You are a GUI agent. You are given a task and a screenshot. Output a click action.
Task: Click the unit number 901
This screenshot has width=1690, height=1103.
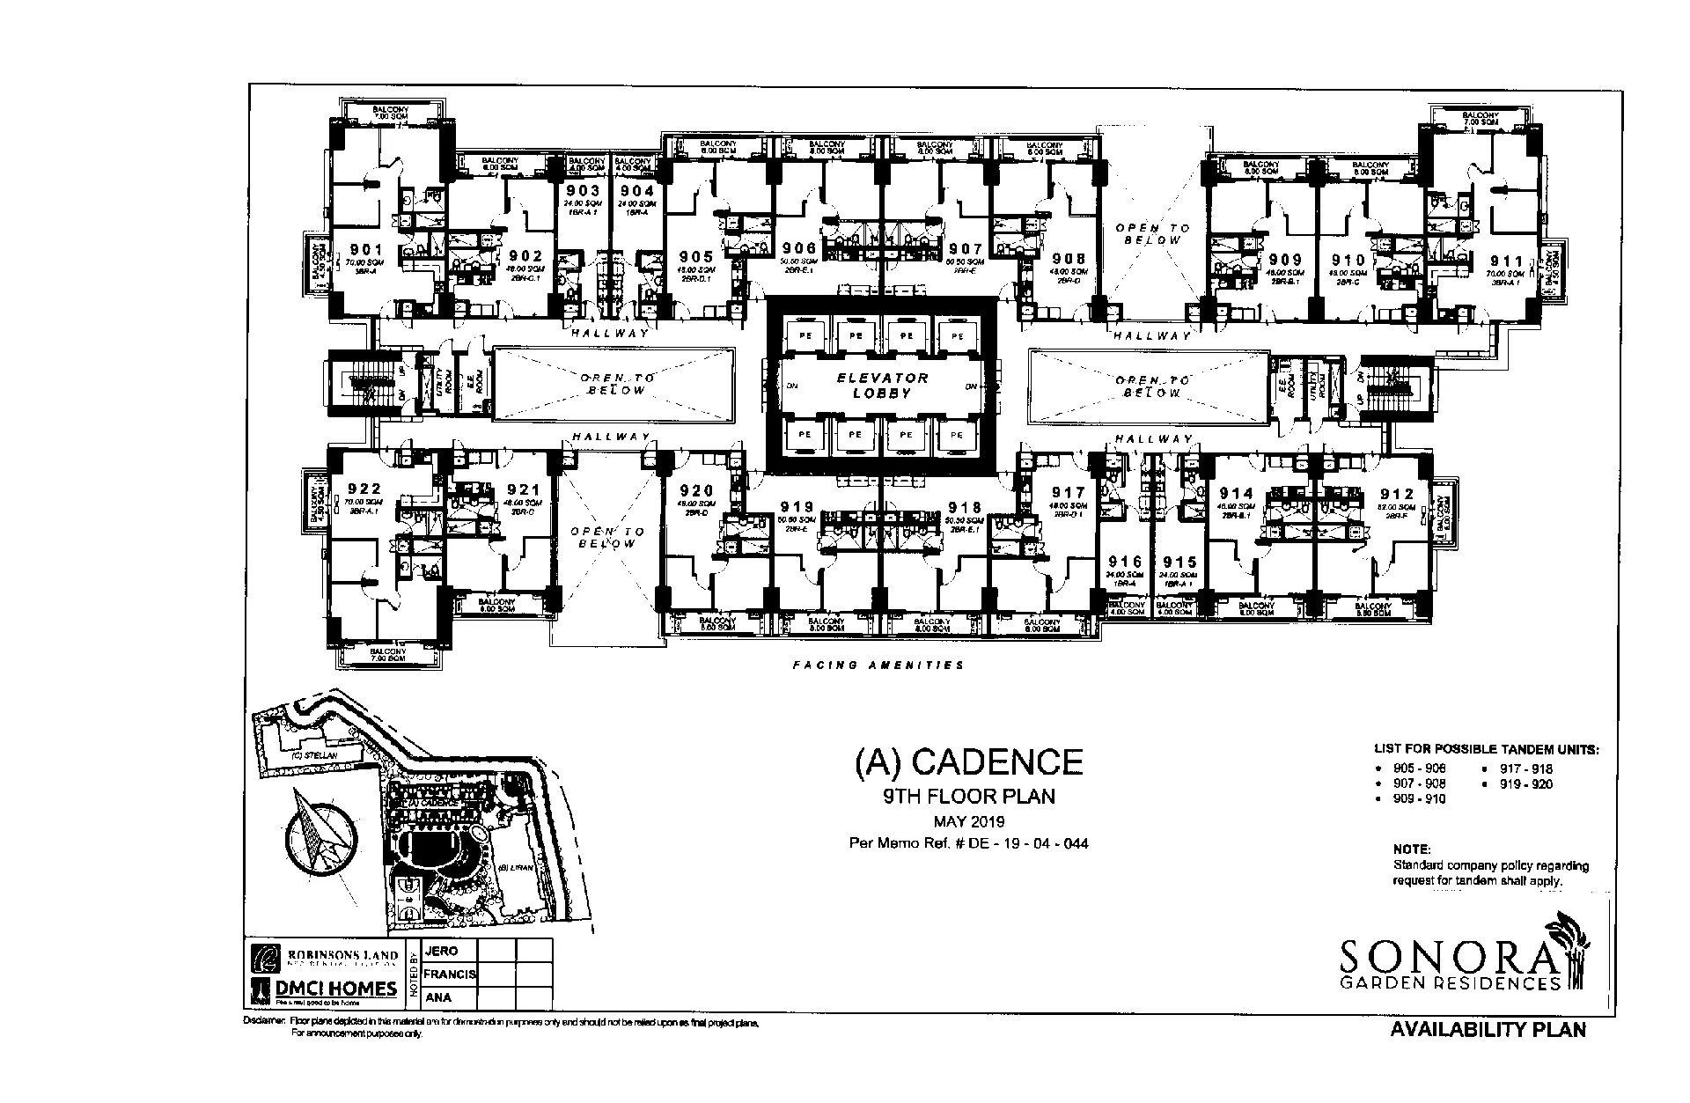(366, 250)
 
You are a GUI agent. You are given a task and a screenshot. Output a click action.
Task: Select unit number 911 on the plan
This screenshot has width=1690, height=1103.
(1506, 261)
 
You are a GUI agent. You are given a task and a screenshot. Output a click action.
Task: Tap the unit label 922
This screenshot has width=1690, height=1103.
(364, 489)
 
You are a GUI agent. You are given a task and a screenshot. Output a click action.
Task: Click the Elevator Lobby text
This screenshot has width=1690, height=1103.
(882, 386)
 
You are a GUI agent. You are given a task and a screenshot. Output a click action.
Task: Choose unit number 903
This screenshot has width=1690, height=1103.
(583, 191)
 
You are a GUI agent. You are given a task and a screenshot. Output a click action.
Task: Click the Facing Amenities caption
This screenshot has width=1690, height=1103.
(878, 665)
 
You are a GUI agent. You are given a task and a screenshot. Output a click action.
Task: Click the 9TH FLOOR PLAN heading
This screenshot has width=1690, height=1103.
(968, 798)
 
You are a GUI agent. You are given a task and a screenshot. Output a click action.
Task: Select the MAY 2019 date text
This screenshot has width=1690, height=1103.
(968, 821)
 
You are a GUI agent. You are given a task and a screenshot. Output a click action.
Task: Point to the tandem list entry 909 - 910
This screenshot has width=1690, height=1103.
(1418, 798)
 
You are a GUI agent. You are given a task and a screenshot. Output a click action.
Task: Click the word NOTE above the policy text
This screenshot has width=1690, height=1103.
(1412, 850)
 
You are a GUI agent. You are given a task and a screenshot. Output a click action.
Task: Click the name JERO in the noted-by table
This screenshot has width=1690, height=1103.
(441, 952)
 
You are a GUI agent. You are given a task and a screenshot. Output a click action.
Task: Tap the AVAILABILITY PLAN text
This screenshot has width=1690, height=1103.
(1488, 1029)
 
